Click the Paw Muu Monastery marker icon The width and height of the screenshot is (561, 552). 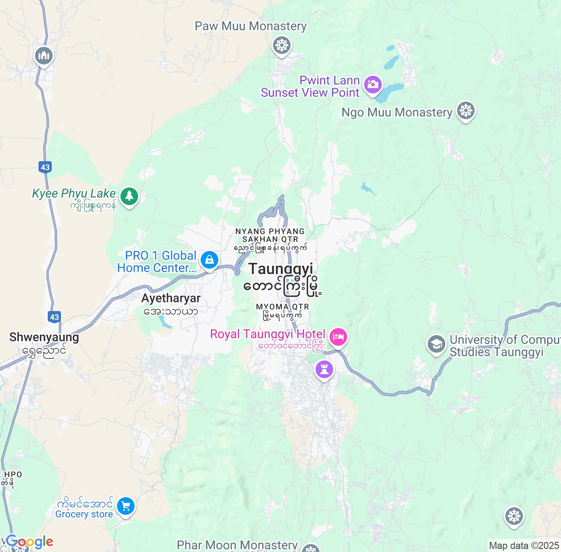[x=282, y=45]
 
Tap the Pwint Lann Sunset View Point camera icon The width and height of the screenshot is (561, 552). [x=373, y=84]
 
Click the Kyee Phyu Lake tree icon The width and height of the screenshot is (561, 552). [x=129, y=196]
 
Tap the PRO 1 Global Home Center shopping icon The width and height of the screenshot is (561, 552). [x=209, y=260]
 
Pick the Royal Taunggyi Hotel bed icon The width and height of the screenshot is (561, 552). [x=338, y=337]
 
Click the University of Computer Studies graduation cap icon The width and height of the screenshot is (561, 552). [x=436, y=344]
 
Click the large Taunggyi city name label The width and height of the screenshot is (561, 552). [x=281, y=269]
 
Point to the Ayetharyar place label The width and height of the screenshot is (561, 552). [x=171, y=298]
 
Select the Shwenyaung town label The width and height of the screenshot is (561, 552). [x=44, y=337]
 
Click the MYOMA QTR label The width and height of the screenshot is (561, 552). [x=283, y=307]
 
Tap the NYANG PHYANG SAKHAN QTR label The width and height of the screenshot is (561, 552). [x=270, y=235]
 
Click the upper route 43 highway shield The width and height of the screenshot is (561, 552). [x=45, y=167]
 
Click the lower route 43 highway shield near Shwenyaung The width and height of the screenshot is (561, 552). [x=54, y=317]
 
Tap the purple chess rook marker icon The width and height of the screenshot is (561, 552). [x=324, y=370]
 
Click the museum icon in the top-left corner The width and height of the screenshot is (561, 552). [x=44, y=56]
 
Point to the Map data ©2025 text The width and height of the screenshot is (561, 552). [x=524, y=546]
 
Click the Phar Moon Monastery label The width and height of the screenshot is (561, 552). [x=237, y=545]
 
